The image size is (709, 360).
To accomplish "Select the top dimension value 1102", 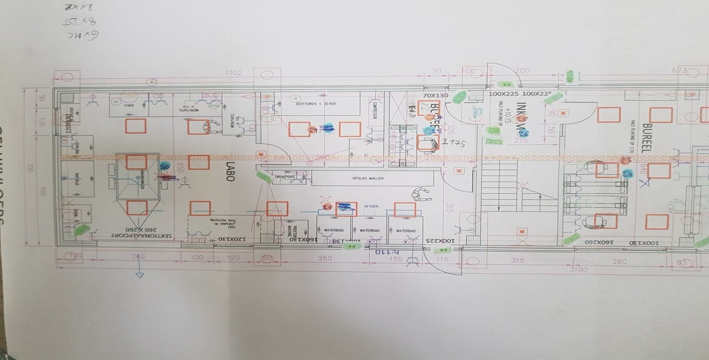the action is [235, 73].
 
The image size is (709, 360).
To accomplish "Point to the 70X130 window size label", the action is [435, 95].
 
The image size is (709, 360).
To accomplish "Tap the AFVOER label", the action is [372, 206].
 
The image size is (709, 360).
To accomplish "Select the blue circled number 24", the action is [627, 173].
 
